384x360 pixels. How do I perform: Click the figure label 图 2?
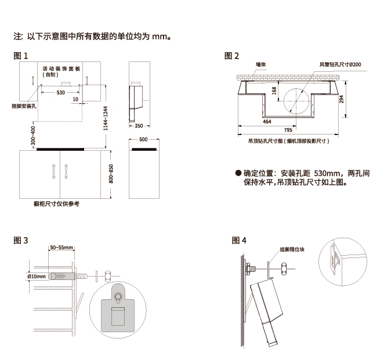point(232,56)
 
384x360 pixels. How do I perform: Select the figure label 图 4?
point(239,240)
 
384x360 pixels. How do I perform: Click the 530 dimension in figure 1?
point(60,93)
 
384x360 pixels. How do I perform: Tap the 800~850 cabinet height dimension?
point(111,174)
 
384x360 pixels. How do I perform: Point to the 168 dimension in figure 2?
point(273,92)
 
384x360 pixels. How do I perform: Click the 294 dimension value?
point(342,100)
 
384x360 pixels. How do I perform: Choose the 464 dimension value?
point(267,122)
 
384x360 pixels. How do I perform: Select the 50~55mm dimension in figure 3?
point(61,248)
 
